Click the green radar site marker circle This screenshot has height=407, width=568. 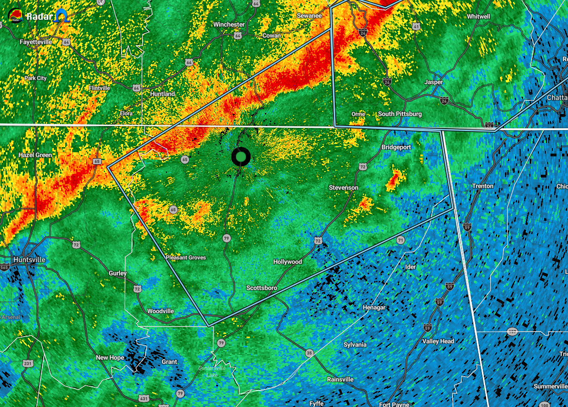point(241,157)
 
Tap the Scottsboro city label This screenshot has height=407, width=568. point(262,288)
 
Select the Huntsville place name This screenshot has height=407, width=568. point(29,259)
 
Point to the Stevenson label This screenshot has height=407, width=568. point(344,188)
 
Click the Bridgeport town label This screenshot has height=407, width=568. point(396,147)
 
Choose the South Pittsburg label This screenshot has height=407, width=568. point(400,114)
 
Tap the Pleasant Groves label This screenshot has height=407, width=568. point(186,258)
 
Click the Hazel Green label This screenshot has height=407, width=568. point(35,155)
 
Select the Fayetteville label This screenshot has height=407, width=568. point(36,42)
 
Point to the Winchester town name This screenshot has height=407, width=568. point(229,24)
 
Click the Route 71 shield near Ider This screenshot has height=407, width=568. point(401,240)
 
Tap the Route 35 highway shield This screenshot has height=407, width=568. point(309,353)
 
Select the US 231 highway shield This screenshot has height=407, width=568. point(28,364)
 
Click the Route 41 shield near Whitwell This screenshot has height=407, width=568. point(416,27)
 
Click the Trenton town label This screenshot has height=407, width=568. point(482,186)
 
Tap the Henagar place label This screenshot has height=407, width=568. point(374,307)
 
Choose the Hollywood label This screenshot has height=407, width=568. point(287,262)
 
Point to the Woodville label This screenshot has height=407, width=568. point(161,311)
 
